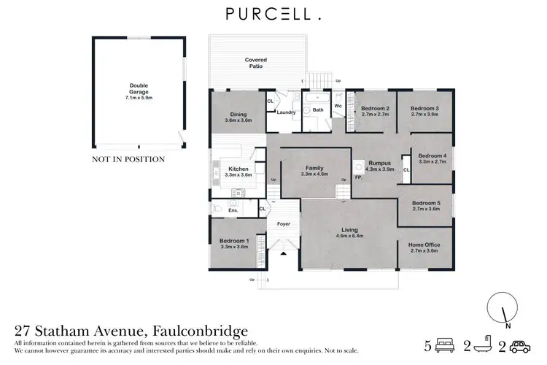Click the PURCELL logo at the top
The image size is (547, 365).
point(273,15)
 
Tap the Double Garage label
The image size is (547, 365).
point(139,91)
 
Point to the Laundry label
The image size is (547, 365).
point(286,112)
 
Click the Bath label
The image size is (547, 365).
point(318,111)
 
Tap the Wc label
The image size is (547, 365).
point(338,107)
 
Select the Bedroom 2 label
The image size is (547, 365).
point(375,111)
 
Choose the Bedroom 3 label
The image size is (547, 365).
point(424,111)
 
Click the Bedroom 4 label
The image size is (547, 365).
point(432,158)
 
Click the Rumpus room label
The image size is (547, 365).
point(380,165)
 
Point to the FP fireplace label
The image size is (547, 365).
point(358,177)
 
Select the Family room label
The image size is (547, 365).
point(315,171)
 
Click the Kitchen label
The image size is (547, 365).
point(238,172)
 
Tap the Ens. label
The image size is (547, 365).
point(233,211)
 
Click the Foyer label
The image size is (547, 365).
point(283,224)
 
